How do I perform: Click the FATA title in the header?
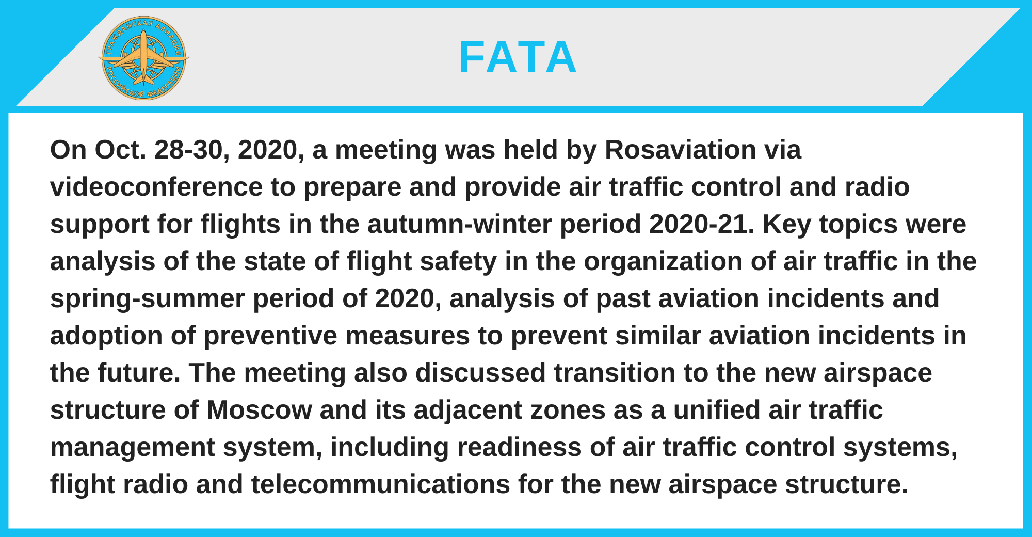(x=518, y=57)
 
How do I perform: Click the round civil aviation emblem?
(x=144, y=58)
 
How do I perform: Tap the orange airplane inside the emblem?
(x=144, y=58)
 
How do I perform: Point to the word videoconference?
(x=156, y=187)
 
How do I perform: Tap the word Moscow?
(x=259, y=410)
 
